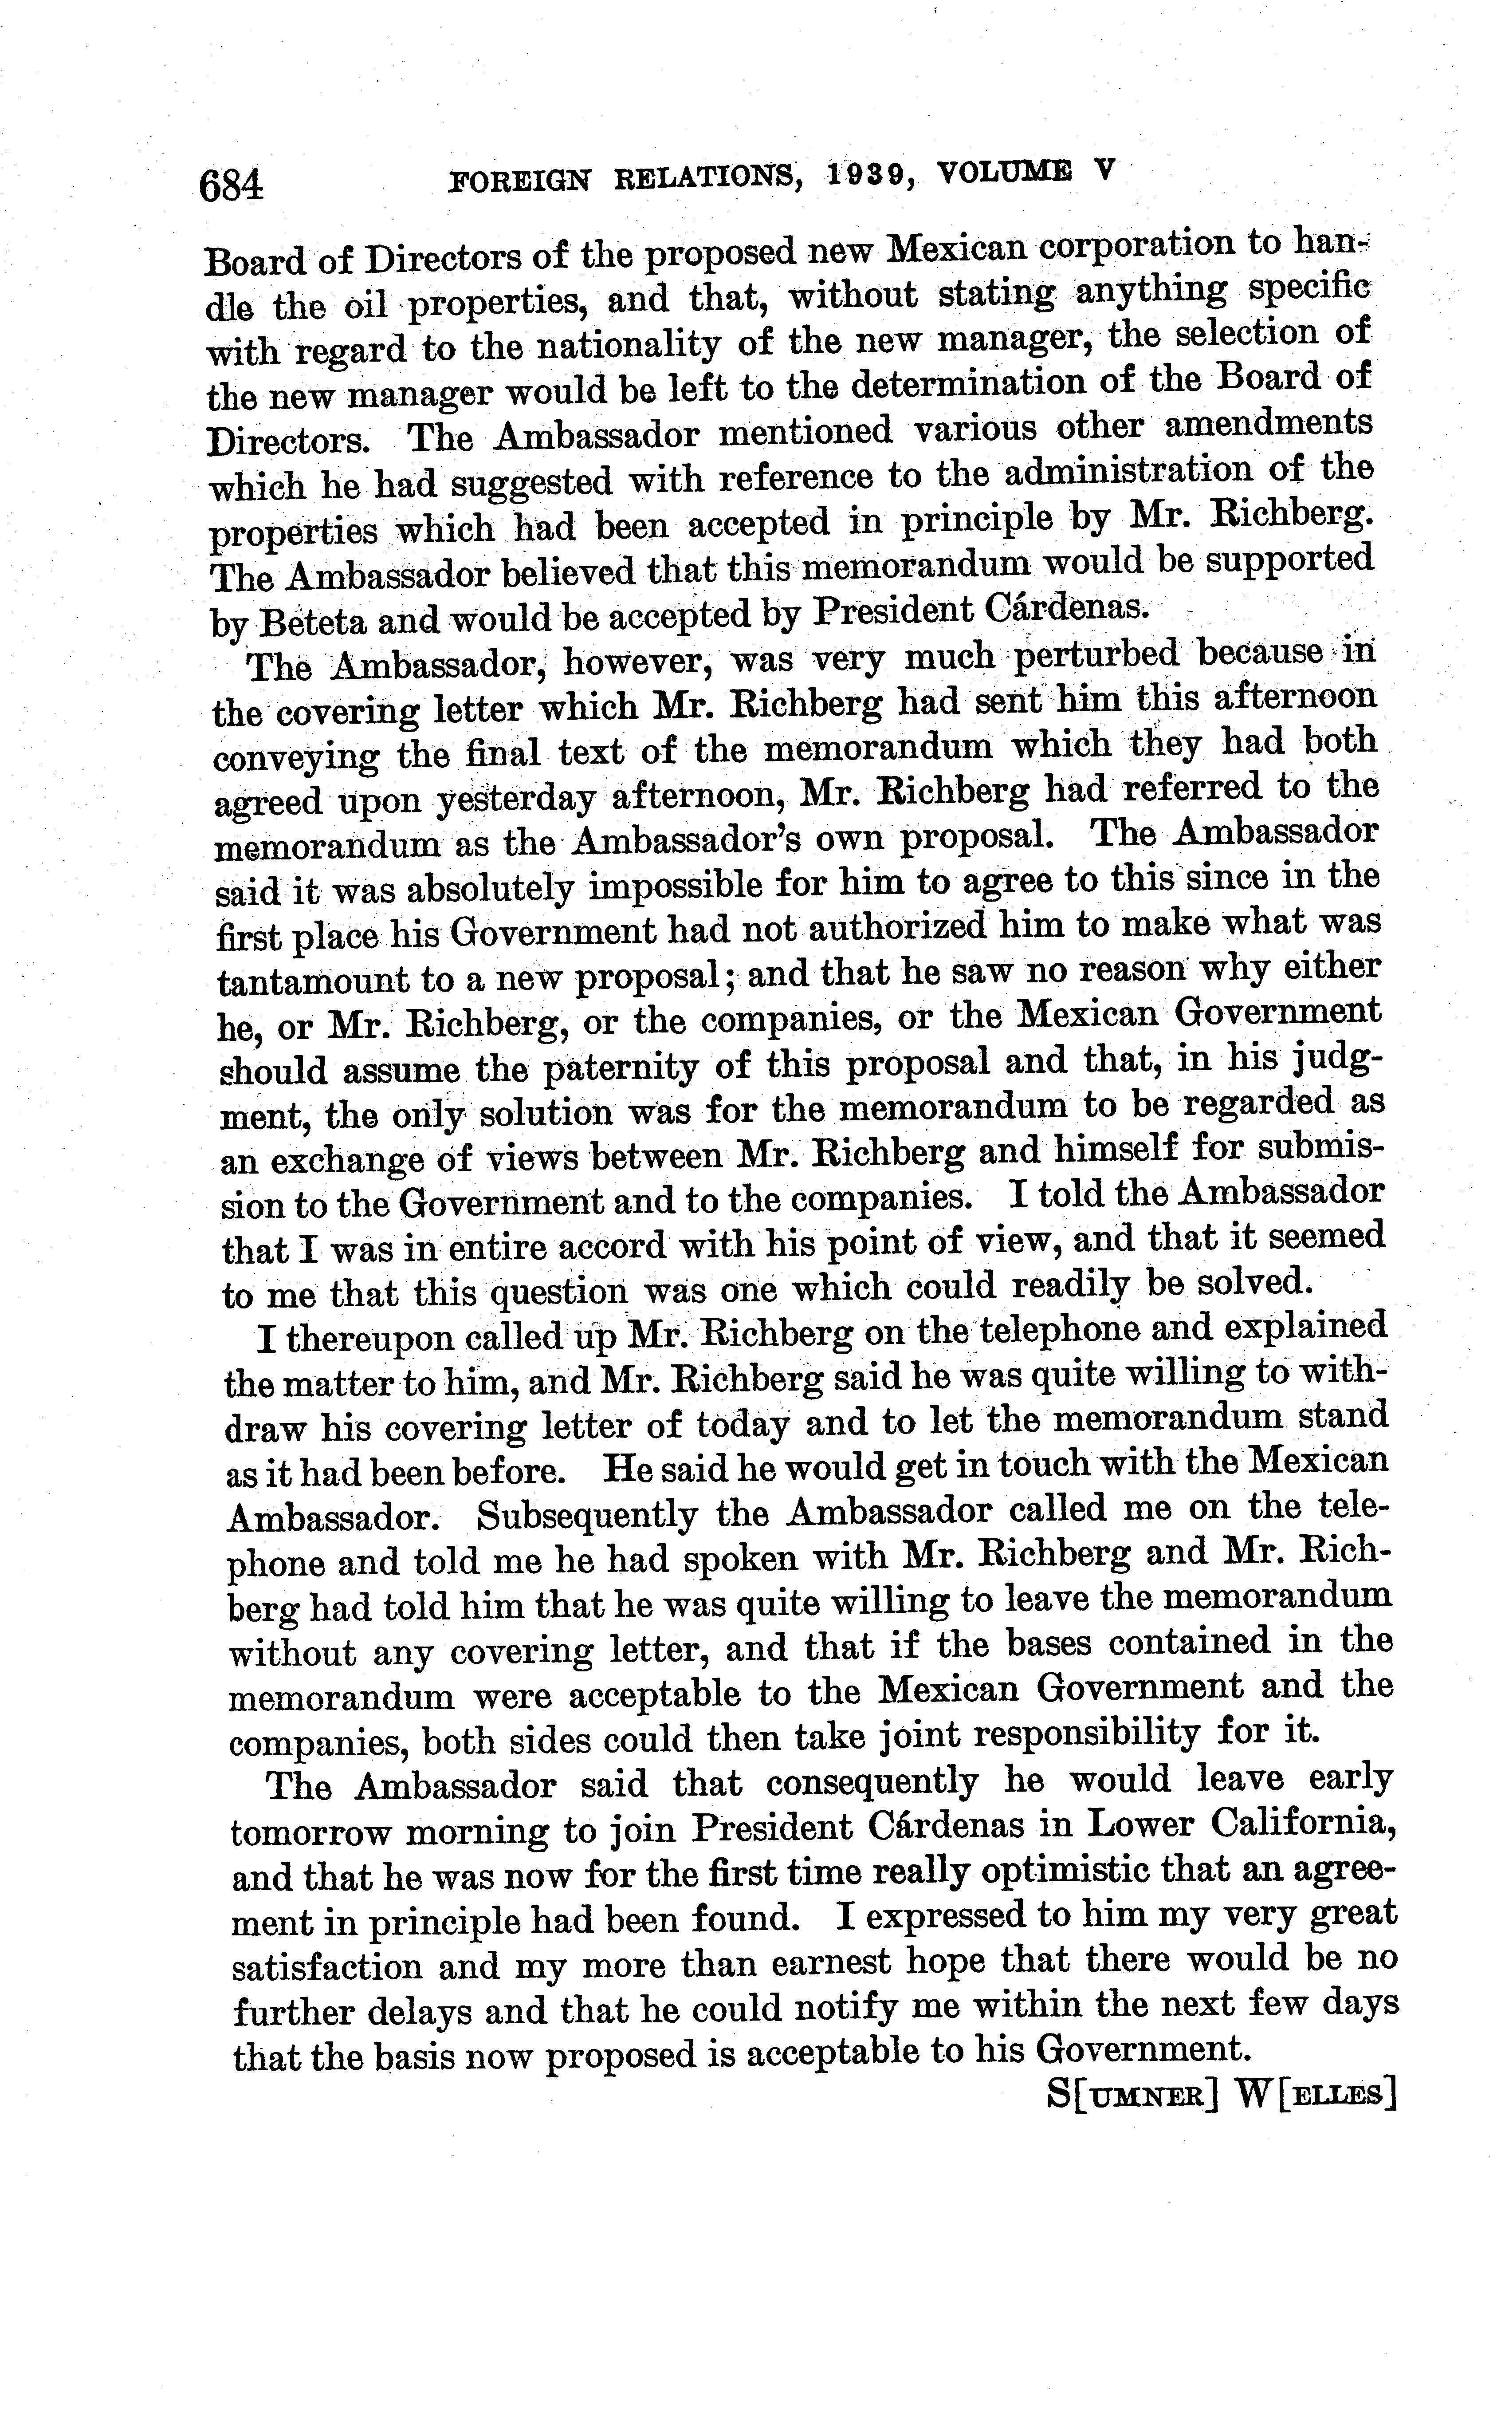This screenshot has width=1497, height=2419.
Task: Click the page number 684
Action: (232, 185)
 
